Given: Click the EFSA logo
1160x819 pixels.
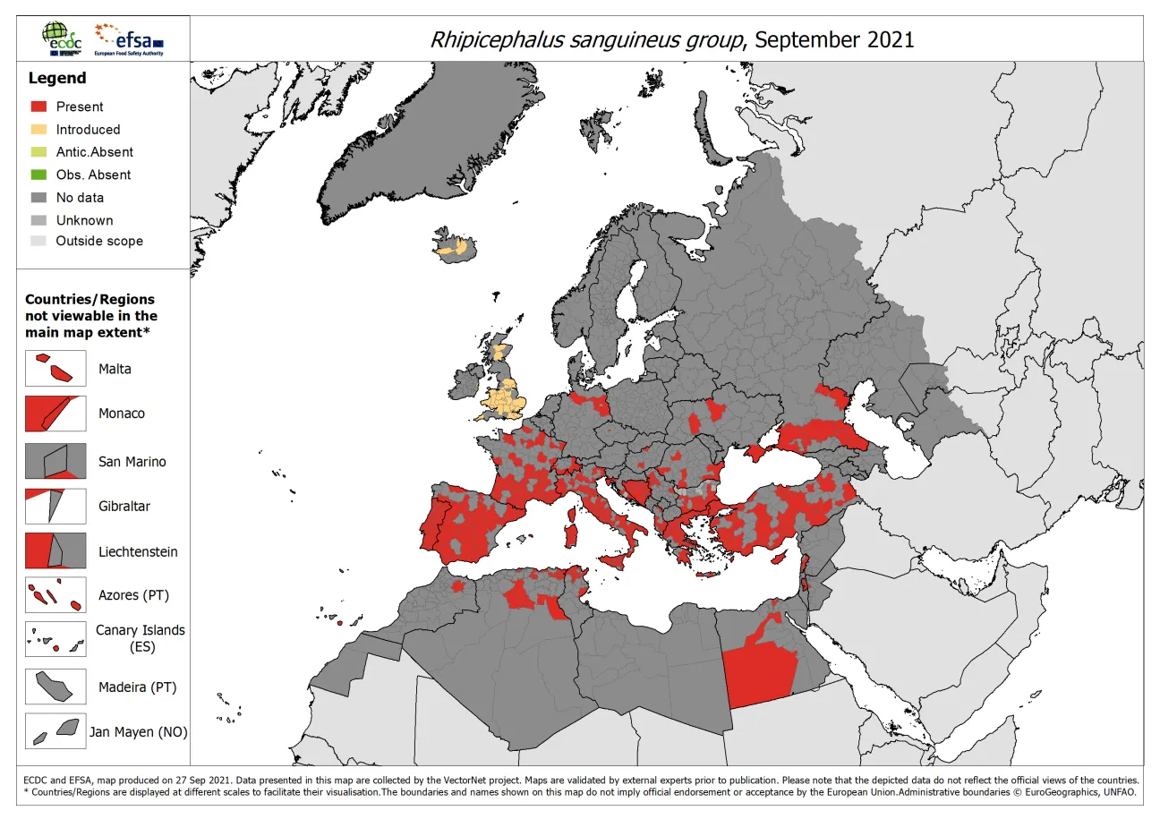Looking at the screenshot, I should pos(131,39).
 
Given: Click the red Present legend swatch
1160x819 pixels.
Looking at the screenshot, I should pos(38,107).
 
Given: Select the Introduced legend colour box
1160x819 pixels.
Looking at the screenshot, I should pos(38,130).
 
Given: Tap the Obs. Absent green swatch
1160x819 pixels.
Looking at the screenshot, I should pos(38,175).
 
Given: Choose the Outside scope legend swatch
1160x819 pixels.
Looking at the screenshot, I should pos(38,241).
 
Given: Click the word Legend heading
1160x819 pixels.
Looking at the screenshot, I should pos(57,78).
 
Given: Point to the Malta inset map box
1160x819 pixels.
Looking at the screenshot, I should pos(55,369).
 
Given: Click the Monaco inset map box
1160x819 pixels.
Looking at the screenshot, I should pos(55,414).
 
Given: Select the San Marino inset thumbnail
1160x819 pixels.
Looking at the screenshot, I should pos(55,461).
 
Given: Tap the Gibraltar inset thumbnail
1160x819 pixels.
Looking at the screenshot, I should pos(55,506).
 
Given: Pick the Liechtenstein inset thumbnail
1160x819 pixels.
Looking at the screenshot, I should pos(55,551).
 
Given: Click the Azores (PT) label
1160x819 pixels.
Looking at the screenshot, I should pos(133,595).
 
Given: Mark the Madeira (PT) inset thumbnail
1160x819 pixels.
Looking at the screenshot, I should pos(55,687).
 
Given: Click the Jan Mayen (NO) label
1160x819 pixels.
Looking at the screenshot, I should pos(139,732).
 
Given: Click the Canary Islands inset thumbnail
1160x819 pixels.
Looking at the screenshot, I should pos(55,639).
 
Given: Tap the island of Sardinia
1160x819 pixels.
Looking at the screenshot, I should pos(569,535).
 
